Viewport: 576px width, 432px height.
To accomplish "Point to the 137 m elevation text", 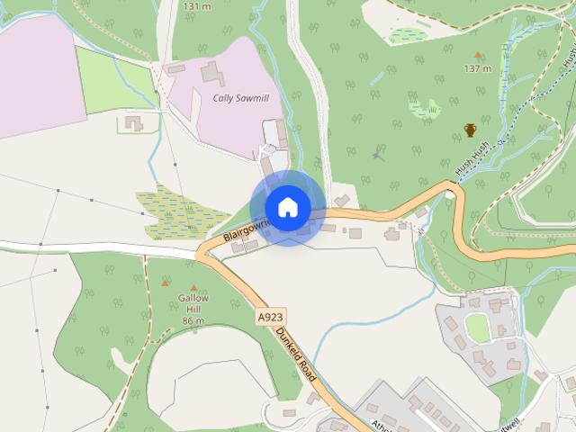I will point(477,68).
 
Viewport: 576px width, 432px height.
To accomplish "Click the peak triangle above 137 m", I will point(477,56).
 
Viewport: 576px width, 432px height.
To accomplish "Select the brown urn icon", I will point(471,130).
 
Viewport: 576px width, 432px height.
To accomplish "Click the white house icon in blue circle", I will point(287,208).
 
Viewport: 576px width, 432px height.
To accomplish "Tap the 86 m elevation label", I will point(192,321).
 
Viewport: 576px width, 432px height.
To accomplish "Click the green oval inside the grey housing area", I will point(477,328).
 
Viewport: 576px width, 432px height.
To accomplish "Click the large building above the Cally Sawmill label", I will point(214,73).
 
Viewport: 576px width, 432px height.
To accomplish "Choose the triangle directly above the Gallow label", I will point(165,283).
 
